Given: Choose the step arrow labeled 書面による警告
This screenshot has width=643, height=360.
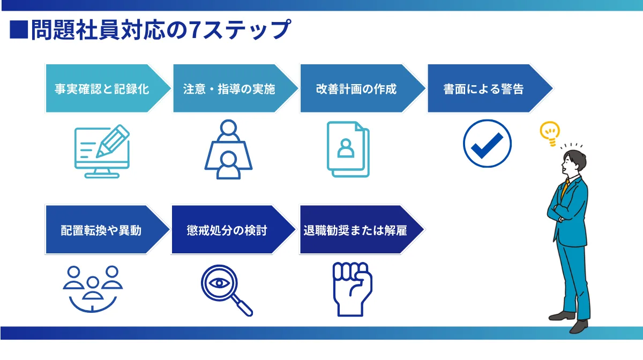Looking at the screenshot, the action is point(490,88).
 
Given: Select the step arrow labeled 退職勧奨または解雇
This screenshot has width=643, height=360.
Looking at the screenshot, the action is point(362,230).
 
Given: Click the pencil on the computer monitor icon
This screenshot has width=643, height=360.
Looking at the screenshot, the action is point(113,141).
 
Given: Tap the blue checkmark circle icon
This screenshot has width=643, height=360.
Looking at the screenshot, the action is point(487,143).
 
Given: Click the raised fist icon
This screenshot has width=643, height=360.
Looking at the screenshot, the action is point(353,289).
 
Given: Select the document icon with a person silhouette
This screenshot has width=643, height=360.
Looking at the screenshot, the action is point(348,149).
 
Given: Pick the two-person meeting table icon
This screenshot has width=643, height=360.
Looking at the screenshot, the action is point(228,149).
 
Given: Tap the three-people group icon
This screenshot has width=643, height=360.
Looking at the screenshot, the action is point(93,289).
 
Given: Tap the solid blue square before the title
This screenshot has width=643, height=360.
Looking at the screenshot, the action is point(19,29).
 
